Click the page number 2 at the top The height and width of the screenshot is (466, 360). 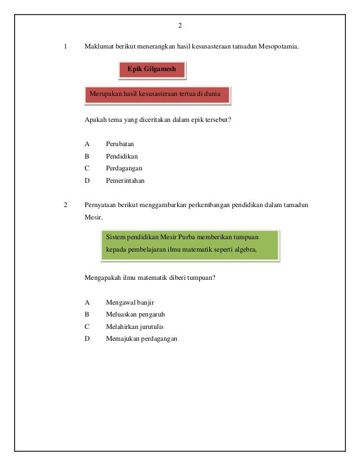[179, 26]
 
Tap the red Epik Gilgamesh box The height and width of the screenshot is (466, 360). [152, 69]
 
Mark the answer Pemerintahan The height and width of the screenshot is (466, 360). [125, 181]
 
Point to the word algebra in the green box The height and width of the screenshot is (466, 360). [243, 248]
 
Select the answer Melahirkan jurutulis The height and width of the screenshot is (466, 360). [134, 327]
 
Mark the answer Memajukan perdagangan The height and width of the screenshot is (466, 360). [141, 339]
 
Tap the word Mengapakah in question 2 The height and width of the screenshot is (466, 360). [103, 277]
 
